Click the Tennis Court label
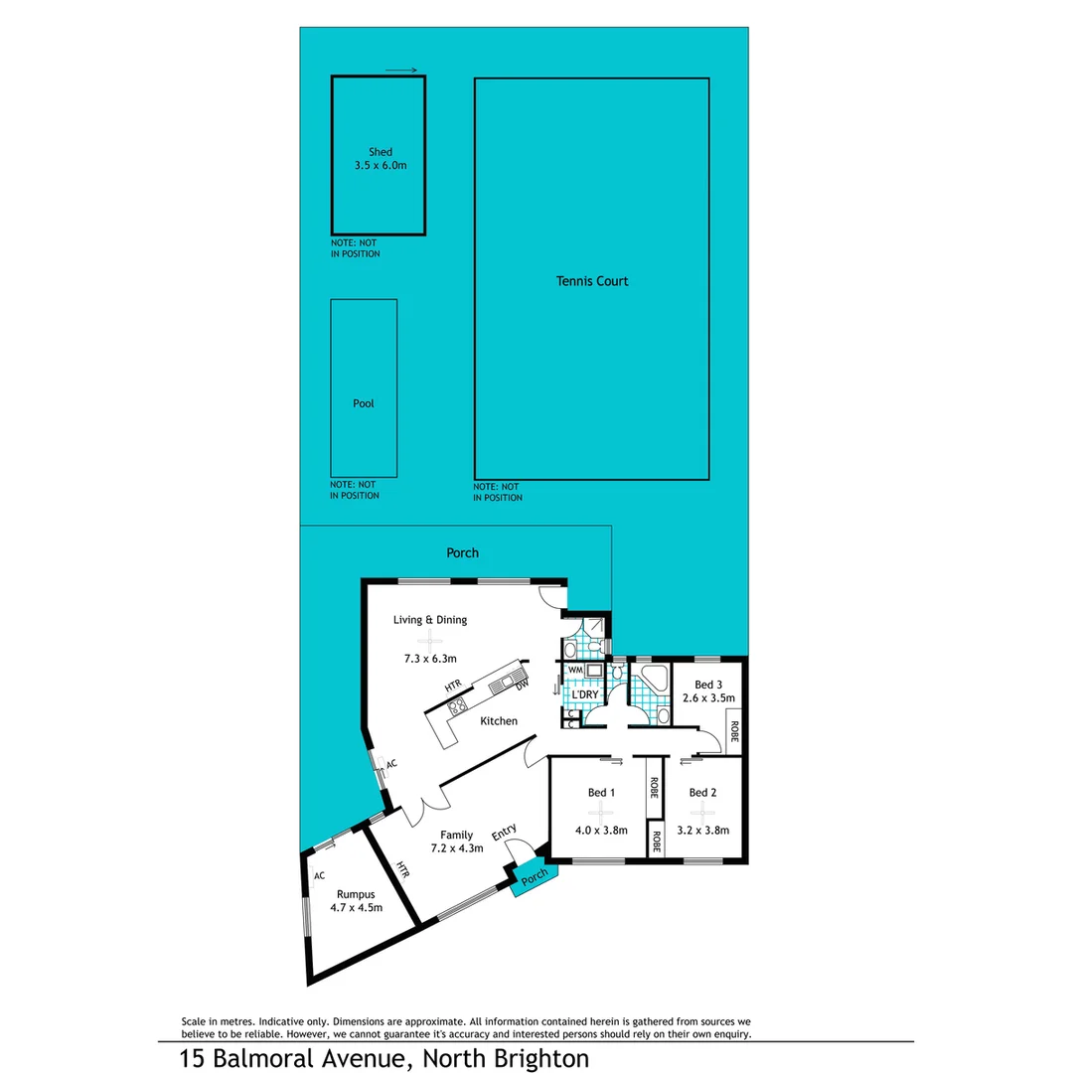click(x=592, y=281)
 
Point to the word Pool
click(x=364, y=404)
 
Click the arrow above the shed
click(x=400, y=71)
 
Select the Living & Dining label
click(x=429, y=620)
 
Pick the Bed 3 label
click(x=707, y=685)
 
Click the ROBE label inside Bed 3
click(x=734, y=732)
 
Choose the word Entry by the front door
click(x=504, y=833)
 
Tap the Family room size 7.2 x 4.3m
click(x=456, y=847)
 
